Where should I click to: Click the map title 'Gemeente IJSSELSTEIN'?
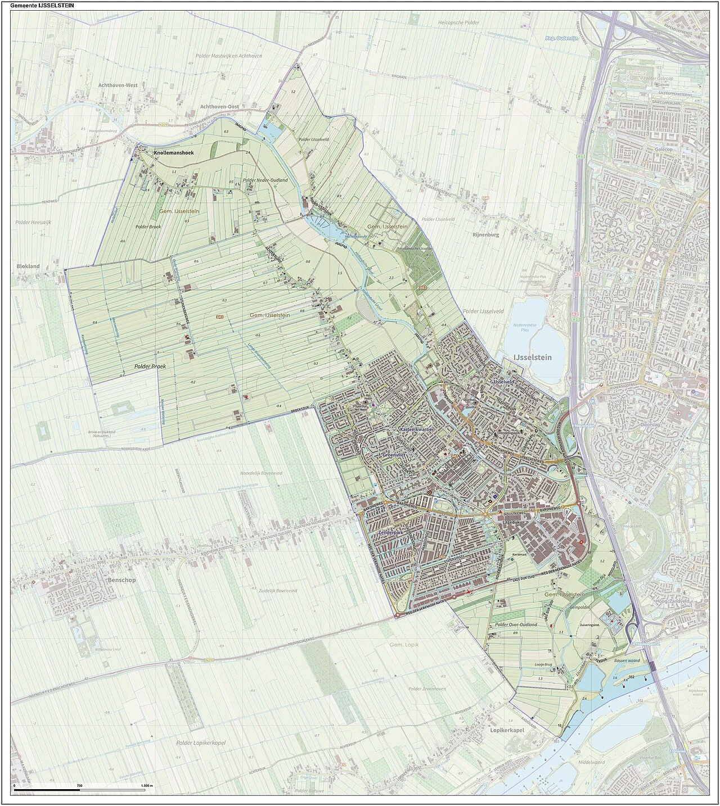coord(42,5)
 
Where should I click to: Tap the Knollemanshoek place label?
coord(174,152)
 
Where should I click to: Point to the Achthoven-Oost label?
coord(220,106)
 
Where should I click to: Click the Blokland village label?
coord(28,266)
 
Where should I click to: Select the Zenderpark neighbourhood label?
coord(393,531)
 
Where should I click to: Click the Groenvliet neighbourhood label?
coord(398,454)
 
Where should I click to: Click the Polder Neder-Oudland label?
coord(265,180)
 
